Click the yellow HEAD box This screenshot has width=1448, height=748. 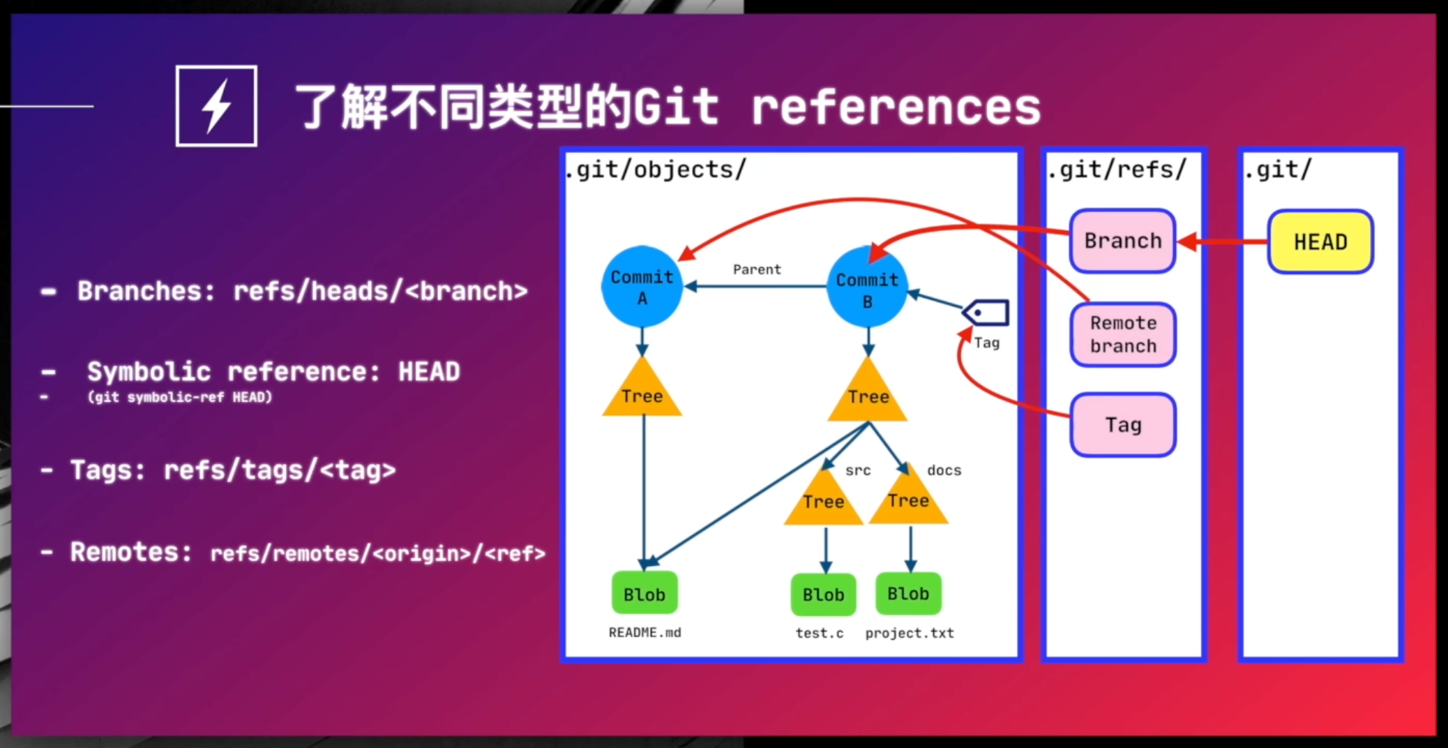click(x=1320, y=242)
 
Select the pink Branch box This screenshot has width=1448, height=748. click(x=1122, y=241)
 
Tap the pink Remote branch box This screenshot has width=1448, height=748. click(x=1123, y=334)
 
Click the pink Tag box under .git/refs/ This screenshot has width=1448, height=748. click(x=1123, y=425)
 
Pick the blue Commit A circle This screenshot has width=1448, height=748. click(x=642, y=287)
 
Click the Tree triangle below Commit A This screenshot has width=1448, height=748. click(x=642, y=392)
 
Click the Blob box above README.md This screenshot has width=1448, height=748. click(x=644, y=594)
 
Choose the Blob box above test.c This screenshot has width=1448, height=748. click(x=823, y=594)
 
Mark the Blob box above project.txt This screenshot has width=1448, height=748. click(x=908, y=594)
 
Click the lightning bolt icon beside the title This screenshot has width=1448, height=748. click(x=216, y=106)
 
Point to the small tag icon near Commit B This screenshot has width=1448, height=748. click(x=986, y=313)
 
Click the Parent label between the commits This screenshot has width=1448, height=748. click(x=757, y=269)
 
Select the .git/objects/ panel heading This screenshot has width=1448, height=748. click(x=656, y=170)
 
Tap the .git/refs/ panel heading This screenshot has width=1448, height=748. click(x=1116, y=170)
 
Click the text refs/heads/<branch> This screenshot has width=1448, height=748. click(x=380, y=291)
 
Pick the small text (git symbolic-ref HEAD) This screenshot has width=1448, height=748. click(x=179, y=397)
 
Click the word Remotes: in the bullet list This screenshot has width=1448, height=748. click(x=130, y=552)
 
